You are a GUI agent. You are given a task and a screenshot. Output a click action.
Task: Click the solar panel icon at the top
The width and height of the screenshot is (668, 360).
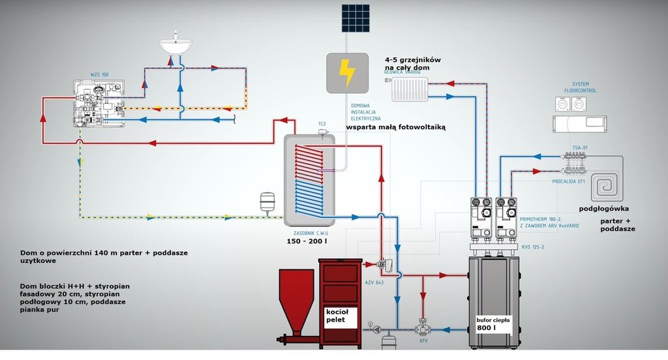[x=354, y=19]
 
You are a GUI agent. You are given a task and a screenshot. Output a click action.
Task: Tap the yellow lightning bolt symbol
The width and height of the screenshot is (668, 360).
[x=348, y=72]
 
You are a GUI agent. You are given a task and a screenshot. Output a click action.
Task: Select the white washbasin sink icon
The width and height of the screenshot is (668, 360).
[x=176, y=46]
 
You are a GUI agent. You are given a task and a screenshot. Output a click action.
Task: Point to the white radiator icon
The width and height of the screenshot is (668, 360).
[x=410, y=90]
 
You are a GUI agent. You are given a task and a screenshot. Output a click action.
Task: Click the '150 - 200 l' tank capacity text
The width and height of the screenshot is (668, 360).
[x=307, y=242]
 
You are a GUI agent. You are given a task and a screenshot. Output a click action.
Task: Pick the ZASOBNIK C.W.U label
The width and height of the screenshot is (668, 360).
[x=306, y=232]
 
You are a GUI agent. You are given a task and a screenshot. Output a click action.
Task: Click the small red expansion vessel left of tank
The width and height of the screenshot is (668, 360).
[x=267, y=201]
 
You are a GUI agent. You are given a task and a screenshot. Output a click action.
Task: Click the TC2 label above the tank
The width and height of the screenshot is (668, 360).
[x=322, y=123]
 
